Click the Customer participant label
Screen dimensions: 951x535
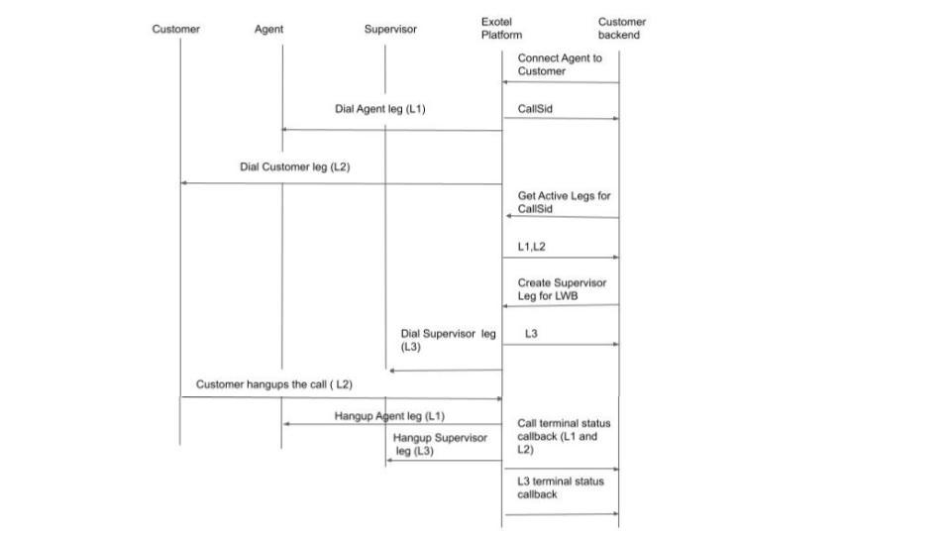tap(175, 29)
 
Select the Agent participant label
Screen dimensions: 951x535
tap(268, 29)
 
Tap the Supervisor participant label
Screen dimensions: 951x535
tap(390, 29)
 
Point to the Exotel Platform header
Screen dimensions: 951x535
tap(501, 28)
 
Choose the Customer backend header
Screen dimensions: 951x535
tap(621, 28)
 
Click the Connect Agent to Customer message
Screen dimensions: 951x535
tap(559, 64)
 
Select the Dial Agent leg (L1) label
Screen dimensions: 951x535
tap(379, 109)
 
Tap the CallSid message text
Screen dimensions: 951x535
tap(535, 109)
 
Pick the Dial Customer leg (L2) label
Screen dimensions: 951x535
tap(294, 166)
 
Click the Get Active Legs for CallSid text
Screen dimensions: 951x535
tap(564, 202)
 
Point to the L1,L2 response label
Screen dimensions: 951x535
tap(531, 247)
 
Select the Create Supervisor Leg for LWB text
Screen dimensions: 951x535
tap(562, 289)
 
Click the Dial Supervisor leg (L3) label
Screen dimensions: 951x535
tap(448, 341)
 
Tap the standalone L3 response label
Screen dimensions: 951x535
tap(531, 334)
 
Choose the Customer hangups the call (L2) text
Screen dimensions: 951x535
tap(273, 383)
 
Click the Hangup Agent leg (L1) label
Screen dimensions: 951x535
tap(389, 415)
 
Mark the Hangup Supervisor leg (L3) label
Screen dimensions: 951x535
tap(440, 444)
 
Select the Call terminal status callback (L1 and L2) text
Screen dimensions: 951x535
tap(564, 436)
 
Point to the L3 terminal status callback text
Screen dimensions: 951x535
tap(560, 487)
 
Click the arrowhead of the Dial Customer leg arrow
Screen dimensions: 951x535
tap(183, 182)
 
